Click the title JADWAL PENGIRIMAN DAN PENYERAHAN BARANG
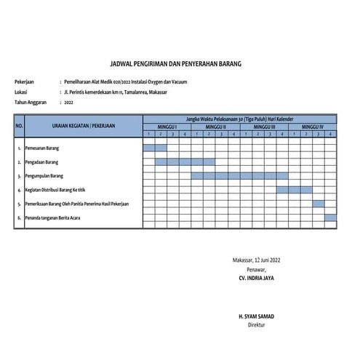pos(180,64)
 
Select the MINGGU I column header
pos(167,127)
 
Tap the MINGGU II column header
pos(216,127)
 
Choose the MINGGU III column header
pos(264,127)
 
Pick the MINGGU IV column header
pos(313,127)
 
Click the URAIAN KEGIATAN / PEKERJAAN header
pos(84,127)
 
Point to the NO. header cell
pos(20,127)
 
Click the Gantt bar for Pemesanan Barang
pos(155,148)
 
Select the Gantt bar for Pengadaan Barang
pos(185,161)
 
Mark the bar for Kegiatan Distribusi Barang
pos(295,189)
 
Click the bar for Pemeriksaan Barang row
pos(319,203)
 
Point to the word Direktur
pos(257,327)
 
